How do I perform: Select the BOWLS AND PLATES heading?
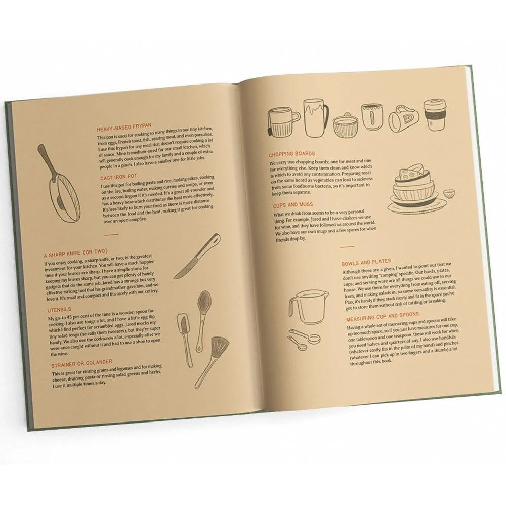pos(366,262)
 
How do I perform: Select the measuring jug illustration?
pos(307,307)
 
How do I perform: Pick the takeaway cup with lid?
pos(436,118)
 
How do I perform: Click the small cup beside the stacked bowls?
pos(449,193)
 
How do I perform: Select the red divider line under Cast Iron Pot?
pos(111,235)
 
